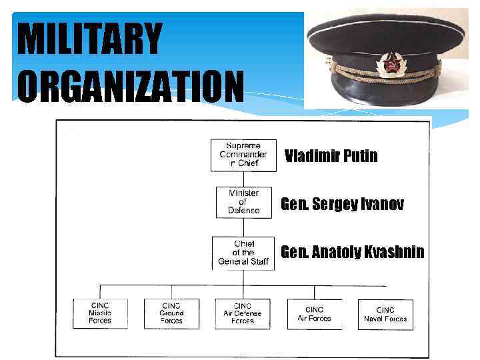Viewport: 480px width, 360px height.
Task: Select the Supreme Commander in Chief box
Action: (x=243, y=155)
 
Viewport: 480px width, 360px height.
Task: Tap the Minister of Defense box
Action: (x=243, y=202)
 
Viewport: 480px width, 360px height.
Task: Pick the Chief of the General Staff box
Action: (x=243, y=253)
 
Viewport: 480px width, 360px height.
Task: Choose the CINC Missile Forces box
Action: (x=100, y=313)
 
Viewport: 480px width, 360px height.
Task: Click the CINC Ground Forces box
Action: (x=171, y=313)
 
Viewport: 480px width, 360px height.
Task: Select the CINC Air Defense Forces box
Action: (x=243, y=313)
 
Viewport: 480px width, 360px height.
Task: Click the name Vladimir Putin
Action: (x=331, y=157)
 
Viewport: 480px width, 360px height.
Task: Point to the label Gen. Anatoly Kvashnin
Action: (x=353, y=253)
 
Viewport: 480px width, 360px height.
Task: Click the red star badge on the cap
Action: (x=387, y=65)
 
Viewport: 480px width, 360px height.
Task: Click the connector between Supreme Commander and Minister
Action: (x=243, y=179)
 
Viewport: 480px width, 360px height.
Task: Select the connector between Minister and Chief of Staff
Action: (x=243, y=227)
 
